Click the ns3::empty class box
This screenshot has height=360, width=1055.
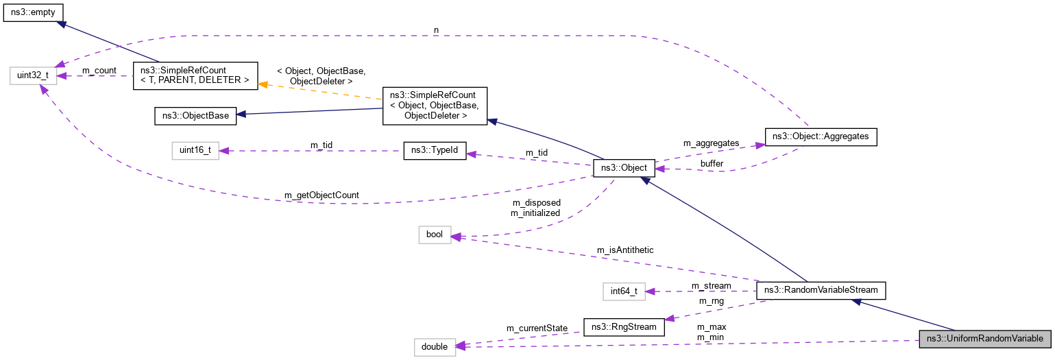coord(34,12)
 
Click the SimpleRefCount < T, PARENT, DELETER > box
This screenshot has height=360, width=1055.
coord(195,75)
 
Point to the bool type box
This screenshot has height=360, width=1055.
coord(435,235)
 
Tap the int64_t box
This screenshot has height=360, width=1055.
coord(624,291)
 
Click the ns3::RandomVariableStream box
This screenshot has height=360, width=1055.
coord(821,290)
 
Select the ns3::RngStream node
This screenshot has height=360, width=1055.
coord(624,326)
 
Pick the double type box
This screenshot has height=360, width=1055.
coord(435,346)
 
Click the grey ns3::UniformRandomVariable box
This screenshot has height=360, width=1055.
coord(984,339)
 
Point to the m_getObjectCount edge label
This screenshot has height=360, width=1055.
coord(322,195)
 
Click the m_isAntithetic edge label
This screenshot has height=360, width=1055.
coord(624,250)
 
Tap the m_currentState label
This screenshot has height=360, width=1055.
coord(536,328)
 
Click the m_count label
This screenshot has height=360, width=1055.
coord(99,71)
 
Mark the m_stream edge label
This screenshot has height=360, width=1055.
coord(711,285)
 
